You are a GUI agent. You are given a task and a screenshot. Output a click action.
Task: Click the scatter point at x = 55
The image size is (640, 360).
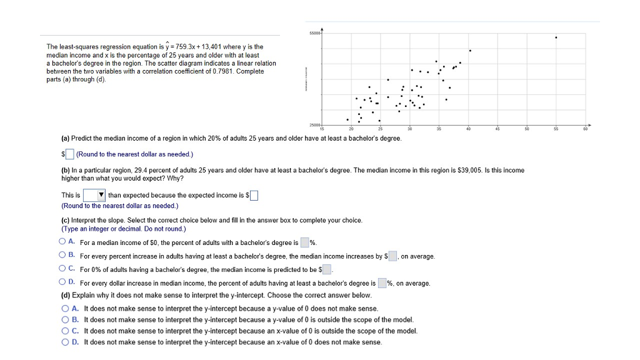556,37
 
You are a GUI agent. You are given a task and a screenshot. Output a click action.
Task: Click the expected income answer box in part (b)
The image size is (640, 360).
254,195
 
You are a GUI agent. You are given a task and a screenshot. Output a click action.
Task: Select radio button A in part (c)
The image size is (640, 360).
63,242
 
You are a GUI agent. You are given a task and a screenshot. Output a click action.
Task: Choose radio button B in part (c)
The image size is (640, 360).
63,256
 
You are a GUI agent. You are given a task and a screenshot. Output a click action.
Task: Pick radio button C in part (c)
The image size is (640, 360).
63,269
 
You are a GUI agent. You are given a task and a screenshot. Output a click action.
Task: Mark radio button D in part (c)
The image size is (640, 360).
63,283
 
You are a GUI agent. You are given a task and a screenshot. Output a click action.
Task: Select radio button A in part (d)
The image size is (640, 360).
66,308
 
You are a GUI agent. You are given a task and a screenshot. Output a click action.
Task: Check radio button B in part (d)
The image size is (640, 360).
66,319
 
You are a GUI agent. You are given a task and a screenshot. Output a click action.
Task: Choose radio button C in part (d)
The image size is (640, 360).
66,331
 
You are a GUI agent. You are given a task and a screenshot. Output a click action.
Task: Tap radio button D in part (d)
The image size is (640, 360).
66,342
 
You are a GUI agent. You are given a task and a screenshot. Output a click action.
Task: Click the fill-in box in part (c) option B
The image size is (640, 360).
392,256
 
